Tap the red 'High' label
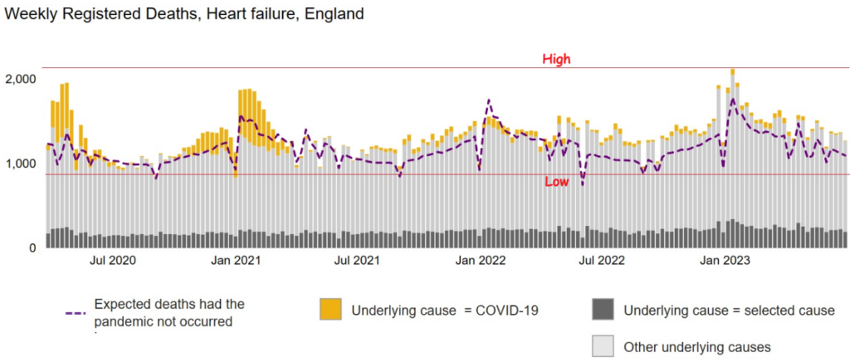click(x=556, y=59)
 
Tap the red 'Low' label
click(x=556, y=182)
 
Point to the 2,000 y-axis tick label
click(x=21, y=79)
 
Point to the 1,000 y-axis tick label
click(x=21, y=164)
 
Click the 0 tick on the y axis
click(x=33, y=248)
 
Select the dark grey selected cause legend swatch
click(x=603, y=310)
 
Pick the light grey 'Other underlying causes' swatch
click(x=603, y=346)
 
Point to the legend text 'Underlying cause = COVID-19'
click(x=446, y=311)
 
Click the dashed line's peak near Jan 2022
click(x=489, y=100)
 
